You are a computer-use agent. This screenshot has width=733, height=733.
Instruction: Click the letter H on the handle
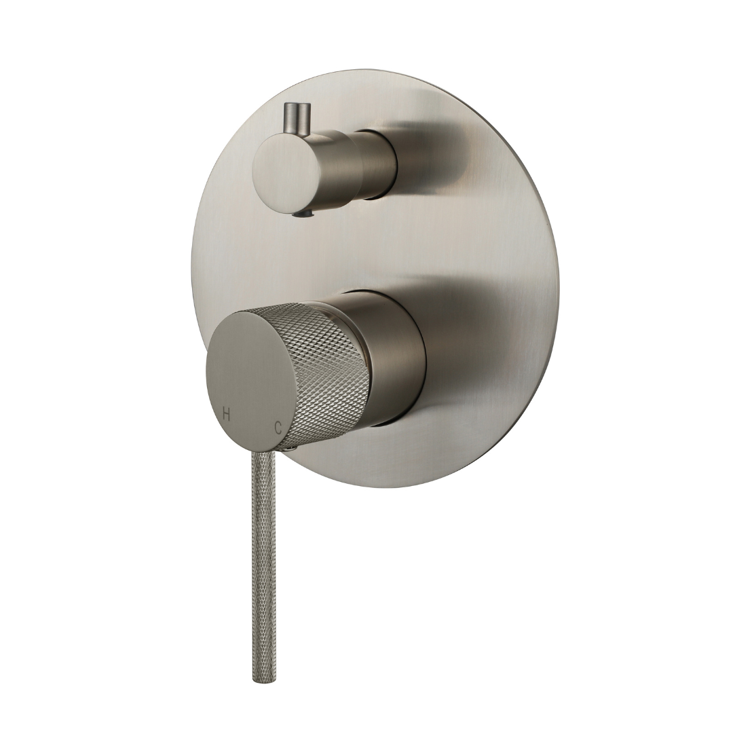coord(226,414)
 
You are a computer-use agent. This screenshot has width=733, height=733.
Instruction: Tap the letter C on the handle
coord(278,428)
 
